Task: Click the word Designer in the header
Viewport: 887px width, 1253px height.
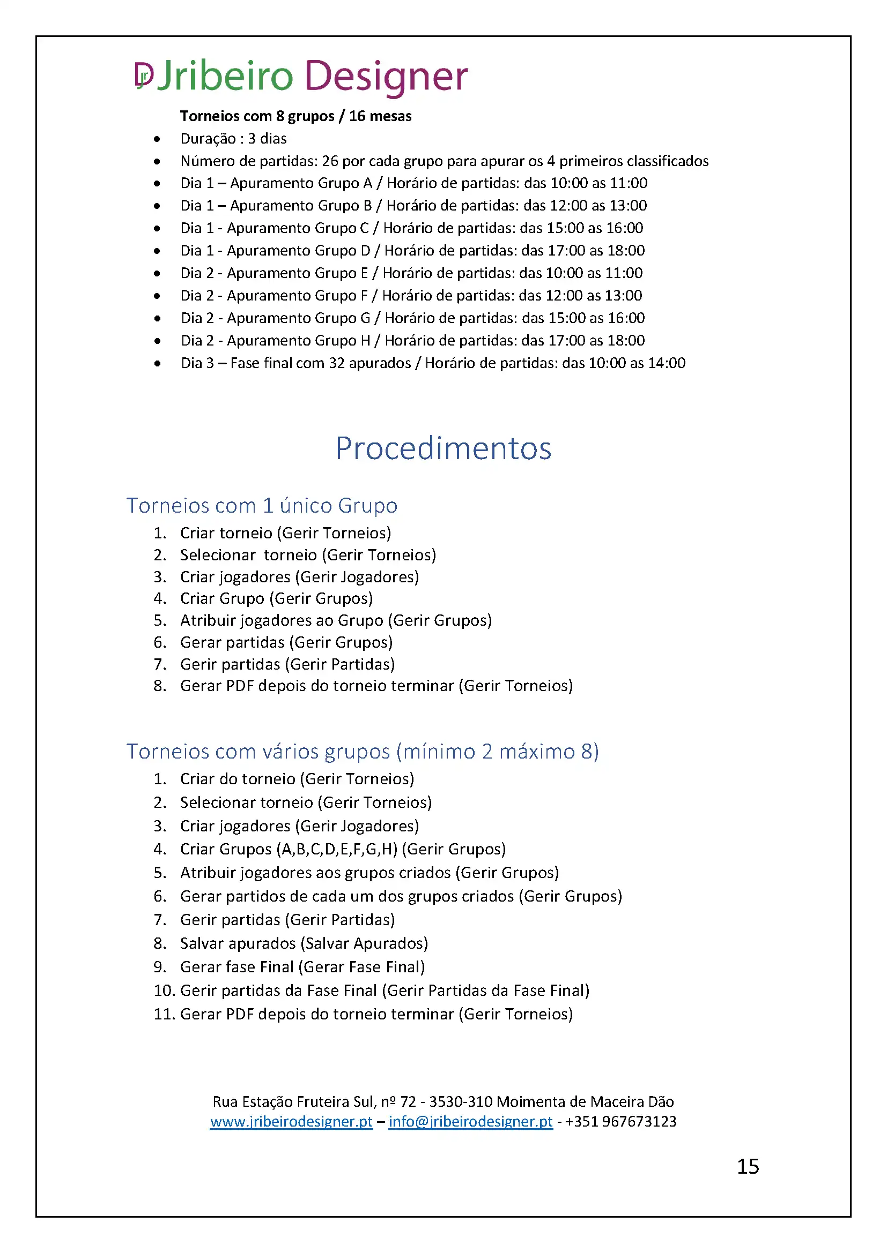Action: (x=386, y=76)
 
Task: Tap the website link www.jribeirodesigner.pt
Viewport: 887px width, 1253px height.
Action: (x=291, y=1121)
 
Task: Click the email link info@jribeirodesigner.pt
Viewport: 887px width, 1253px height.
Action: (x=470, y=1121)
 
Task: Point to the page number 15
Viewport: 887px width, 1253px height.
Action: (x=748, y=1166)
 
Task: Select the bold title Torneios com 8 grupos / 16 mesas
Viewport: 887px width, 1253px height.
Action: (x=295, y=116)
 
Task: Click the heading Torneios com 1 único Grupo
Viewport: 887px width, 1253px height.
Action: (x=262, y=505)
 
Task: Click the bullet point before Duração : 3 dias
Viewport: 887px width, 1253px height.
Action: (x=157, y=139)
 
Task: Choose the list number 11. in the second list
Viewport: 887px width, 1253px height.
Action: (x=164, y=1014)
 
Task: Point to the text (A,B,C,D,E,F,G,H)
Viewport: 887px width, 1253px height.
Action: (x=337, y=849)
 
